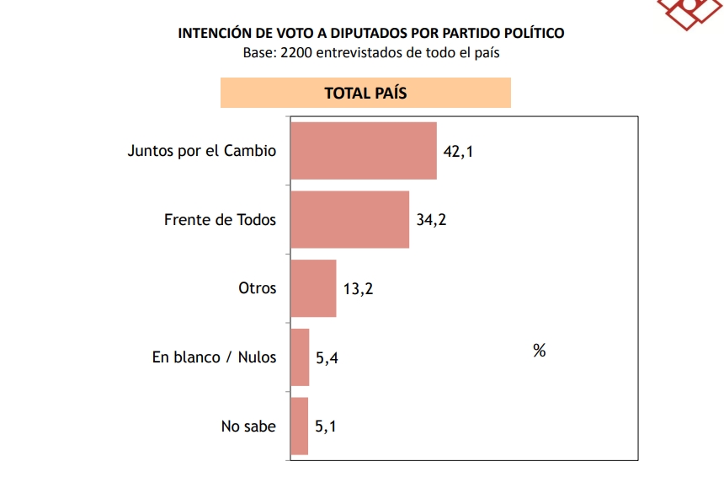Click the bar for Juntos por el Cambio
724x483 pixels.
[x=364, y=151]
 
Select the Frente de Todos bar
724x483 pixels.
[x=350, y=219]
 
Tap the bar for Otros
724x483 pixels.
[x=313, y=288]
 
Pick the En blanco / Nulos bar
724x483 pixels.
[x=300, y=357]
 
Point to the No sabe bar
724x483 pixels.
[x=299, y=426]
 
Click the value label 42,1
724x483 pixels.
[x=459, y=152]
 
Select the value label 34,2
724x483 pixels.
[x=431, y=220]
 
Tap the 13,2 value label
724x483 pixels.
[x=358, y=289]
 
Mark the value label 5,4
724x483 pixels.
[x=327, y=358]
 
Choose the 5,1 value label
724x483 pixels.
[x=326, y=427]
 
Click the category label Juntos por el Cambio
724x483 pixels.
[x=201, y=152]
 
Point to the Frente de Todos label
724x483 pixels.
[x=220, y=220]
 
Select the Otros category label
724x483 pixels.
[x=257, y=288]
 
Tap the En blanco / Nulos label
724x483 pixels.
[x=214, y=357]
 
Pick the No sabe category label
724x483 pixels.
[x=248, y=426]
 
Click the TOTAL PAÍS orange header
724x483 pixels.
[x=365, y=93]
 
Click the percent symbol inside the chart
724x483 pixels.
[x=540, y=351]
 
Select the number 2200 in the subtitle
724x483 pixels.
[x=295, y=52]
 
